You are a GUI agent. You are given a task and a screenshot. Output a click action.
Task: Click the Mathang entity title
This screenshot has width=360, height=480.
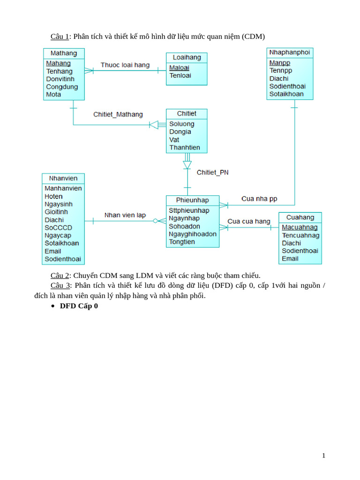(64, 53)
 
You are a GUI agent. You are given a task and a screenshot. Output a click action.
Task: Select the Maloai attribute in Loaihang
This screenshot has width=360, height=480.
(179, 67)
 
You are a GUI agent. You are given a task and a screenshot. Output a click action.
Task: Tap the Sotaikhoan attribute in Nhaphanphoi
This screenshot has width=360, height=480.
(286, 94)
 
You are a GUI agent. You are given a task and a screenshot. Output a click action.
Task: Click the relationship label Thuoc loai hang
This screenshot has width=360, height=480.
(125, 65)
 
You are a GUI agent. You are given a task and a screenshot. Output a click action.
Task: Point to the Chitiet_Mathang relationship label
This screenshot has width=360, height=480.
(118, 114)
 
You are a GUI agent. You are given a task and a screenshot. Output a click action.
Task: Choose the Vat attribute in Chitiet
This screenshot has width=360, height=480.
(174, 140)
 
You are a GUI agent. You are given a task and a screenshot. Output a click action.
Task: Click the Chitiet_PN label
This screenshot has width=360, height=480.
(212, 172)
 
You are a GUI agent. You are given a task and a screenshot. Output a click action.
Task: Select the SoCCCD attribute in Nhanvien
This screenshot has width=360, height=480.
(58, 228)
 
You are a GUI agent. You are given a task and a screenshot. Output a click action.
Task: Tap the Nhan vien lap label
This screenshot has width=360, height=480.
(125, 215)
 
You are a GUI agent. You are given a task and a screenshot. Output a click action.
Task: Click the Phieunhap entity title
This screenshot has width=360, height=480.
(192, 200)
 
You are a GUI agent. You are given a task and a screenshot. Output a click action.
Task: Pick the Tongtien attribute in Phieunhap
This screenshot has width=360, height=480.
(182, 242)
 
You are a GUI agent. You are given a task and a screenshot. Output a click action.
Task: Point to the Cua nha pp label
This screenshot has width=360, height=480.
(259, 199)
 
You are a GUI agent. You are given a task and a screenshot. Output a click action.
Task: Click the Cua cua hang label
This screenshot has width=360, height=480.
(249, 221)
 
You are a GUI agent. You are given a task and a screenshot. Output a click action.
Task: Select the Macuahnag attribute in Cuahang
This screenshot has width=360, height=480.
(300, 227)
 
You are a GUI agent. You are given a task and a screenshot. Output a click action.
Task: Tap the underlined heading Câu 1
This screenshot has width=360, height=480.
(60, 37)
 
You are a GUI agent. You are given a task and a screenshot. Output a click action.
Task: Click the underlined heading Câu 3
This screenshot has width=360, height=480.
(60, 285)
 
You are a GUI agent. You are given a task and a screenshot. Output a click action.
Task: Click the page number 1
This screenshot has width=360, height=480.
(323, 456)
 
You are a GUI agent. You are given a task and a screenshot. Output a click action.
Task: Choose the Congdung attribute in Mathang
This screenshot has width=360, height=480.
(62, 87)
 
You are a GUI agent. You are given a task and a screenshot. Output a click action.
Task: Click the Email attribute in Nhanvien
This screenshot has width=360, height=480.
(53, 251)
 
